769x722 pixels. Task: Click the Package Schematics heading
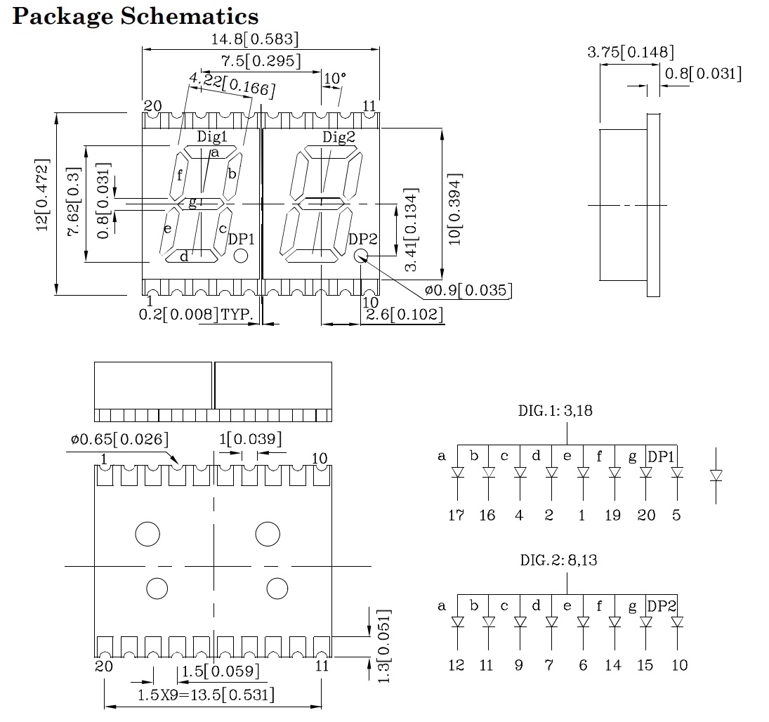tap(136, 15)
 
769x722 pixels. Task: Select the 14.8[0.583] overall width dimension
tap(261, 39)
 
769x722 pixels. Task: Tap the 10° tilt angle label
tap(334, 78)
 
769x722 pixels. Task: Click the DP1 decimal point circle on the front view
tap(241, 256)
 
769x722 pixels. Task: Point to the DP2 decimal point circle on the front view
tap(361, 256)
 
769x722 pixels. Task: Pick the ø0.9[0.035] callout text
tap(467, 290)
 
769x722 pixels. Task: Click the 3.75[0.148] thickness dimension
tap(630, 52)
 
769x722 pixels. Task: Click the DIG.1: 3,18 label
tap(555, 411)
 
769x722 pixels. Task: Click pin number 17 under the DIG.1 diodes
tap(456, 516)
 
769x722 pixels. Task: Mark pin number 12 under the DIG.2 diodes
tap(456, 664)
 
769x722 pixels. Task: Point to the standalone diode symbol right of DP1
tap(716, 475)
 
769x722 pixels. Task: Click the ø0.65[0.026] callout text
tap(119, 440)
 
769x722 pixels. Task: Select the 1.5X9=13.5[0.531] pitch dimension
tap(205, 695)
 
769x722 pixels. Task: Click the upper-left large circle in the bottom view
tap(147, 534)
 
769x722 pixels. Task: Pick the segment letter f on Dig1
tap(180, 176)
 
